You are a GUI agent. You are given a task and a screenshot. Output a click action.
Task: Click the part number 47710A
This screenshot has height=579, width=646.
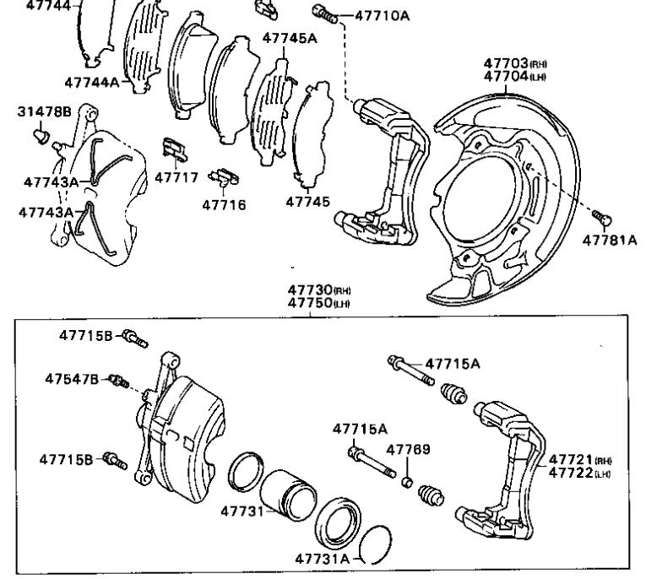click(x=377, y=14)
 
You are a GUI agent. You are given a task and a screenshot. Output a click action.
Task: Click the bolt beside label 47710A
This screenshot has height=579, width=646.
click(x=324, y=13)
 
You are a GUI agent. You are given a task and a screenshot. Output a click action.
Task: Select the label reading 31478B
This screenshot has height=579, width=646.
click(x=45, y=111)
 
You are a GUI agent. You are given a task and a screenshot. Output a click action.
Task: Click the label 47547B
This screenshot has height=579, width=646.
click(x=72, y=379)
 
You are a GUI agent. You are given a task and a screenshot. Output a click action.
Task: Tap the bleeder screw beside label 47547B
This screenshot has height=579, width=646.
click(x=119, y=383)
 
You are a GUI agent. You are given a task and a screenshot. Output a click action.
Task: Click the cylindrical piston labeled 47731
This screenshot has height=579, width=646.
click(x=286, y=496)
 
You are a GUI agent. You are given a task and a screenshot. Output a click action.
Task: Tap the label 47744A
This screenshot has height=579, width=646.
click(x=92, y=82)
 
